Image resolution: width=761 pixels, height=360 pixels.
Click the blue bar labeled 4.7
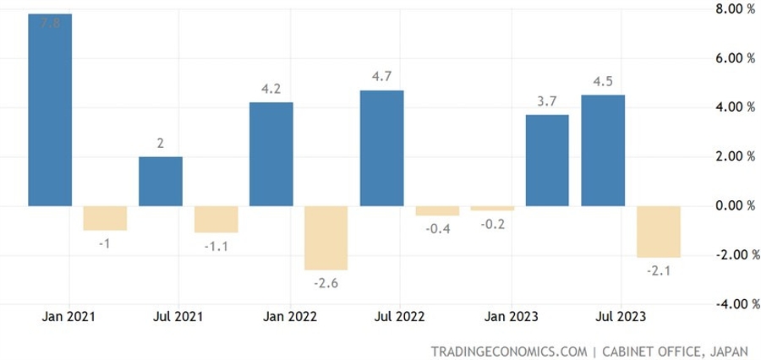381,148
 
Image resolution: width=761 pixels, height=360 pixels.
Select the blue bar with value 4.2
271,154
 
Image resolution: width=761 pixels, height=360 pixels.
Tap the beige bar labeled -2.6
326,237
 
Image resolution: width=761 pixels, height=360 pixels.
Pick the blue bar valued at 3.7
547,161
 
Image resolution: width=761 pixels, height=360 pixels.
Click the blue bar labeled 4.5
603,150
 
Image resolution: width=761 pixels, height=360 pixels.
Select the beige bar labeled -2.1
658,232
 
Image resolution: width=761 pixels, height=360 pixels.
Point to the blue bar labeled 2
161,181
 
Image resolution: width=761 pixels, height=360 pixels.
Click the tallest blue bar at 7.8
50,110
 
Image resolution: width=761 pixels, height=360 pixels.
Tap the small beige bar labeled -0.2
492,208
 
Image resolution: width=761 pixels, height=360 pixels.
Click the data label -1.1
216,246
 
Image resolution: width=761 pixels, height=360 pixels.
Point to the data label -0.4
436,229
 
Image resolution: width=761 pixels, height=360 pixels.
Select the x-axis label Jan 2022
291,317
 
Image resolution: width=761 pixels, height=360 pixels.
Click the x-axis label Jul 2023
622,317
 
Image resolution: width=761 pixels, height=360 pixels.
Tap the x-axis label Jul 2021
179,317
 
